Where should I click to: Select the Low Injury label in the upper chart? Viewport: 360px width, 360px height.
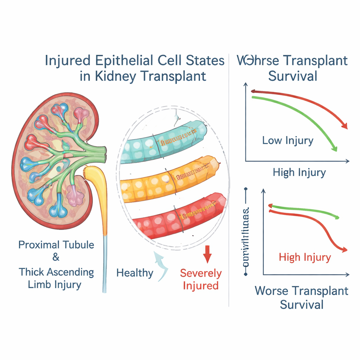pyautogui.click(x=288, y=141)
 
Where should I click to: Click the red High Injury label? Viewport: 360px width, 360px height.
pyautogui.click(x=305, y=257)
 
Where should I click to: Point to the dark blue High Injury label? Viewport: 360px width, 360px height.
pyautogui.click(x=299, y=173)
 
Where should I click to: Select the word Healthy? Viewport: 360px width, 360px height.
pyautogui.click(x=135, y=273)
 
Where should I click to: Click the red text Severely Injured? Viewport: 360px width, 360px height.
pyautogui.click(x=201, y=279)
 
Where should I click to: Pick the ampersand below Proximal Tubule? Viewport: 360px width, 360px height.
pyautogui.click(x=56, y=258)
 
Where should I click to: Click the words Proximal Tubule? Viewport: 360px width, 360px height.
pyautogui.click(x=56, y=245)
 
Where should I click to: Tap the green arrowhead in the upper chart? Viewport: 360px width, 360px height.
pyautogui.click(x=335, y=148)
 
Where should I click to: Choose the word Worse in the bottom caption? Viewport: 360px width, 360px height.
pyautogui.click(x=271, y=291)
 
